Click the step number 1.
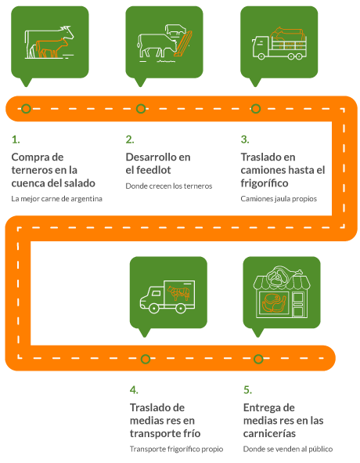click(16, 139)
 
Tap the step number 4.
click(134, 390)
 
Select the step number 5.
click(247, 390)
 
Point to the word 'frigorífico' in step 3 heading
click(265, 183)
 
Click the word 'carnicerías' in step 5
click(269, 433)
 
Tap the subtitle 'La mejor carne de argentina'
click(56, 199)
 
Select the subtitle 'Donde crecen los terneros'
click(169, 186)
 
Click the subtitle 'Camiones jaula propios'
click(279, 199)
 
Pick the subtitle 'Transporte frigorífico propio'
click(176, 449)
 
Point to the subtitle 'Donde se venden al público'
click(288, 449)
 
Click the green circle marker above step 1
click(27, 109)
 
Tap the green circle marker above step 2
click(141, 109)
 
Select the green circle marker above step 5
click(258, 359)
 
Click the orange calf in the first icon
click(52, 48)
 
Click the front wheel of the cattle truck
click(261, 56)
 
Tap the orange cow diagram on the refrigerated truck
click(178, 293)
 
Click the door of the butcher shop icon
click(298, 305)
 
